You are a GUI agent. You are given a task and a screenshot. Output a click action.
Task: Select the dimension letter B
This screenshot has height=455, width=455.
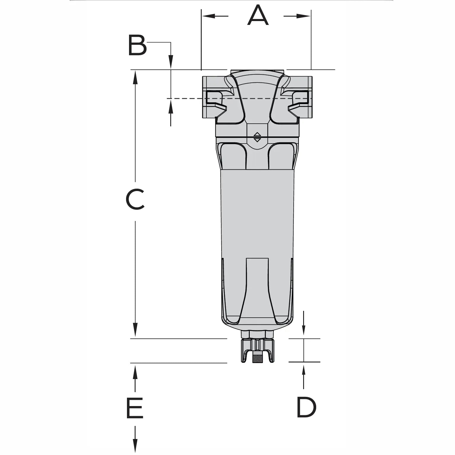coord(137,46)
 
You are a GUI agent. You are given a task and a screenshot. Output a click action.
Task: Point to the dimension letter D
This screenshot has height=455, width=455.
coord(306,407)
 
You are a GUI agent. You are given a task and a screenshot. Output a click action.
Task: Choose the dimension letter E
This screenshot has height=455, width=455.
coord(135,408)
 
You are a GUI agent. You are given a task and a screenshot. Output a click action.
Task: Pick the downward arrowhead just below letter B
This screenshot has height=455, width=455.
coord(171,63)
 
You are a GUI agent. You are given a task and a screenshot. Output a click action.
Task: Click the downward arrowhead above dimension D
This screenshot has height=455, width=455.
coord(303,332)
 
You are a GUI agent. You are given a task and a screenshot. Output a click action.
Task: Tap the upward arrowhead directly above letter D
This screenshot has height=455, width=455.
coord(303,369)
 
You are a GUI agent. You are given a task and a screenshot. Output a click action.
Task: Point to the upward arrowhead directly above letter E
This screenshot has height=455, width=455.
coord(135,371)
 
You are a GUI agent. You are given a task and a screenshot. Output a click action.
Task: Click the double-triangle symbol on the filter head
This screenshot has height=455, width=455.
coord(257,137)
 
